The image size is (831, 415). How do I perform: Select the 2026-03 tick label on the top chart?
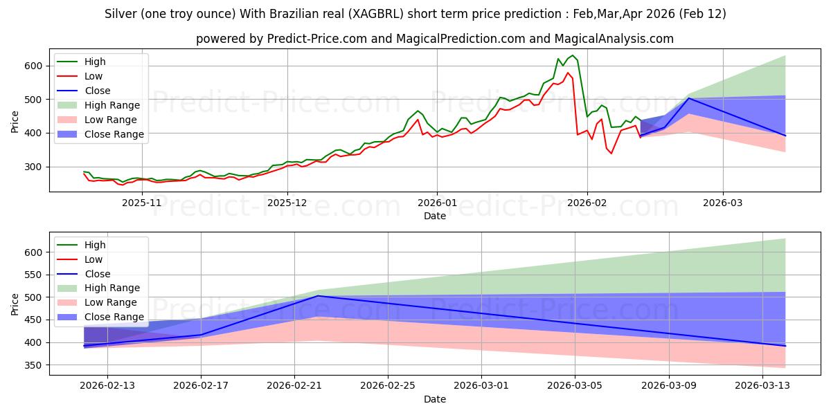click(x=723, y=203)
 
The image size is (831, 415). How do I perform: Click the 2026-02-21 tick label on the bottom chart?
click(x=294, y=386)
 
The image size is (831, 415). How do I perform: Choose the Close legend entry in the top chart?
click(x=97, y=91)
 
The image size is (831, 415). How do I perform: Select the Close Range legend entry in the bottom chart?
click(x=114, y=317)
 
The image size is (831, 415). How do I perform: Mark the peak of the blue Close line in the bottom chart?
click(x=317, y=296)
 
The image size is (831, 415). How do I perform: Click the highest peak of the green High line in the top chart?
click(x=573, y=55)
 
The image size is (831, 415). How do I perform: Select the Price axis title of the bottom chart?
click(x=15, y=304)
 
